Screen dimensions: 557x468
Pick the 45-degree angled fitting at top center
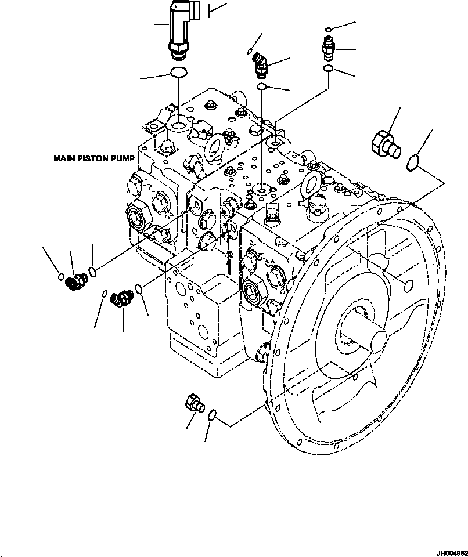click(x=260, y=64)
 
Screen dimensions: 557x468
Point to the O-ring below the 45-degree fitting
click(x=262, y=87)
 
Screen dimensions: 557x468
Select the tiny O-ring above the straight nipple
click(x=329, y=29)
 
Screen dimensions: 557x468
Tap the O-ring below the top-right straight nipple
click(x=328, y=69)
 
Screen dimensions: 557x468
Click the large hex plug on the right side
click(x=384, y=144)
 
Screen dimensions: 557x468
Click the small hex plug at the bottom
click(x=193, y=404)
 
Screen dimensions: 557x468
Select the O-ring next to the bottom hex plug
click(x=213, y=414)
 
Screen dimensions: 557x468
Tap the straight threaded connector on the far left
click(x=76, y=281)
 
